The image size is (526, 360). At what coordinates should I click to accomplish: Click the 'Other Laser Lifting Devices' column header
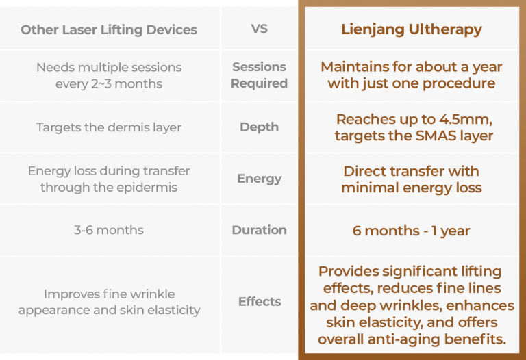click(x=109, y=30)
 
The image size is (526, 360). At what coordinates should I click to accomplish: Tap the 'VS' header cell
click(x=260, y=29)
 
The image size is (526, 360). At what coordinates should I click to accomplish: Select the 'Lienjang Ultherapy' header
click(x=411, y=29)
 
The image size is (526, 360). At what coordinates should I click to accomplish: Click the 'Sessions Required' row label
click(x=259, y=75)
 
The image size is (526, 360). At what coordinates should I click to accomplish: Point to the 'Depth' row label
click(x=259, y=127)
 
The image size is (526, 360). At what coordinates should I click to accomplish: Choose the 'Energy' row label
click(x=259, y=179)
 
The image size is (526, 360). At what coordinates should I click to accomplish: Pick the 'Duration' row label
click(x=259, y=230)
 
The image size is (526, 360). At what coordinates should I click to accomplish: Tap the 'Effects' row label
click(x=260, y=301)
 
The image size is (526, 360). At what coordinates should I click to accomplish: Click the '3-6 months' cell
click(x=109, y=230)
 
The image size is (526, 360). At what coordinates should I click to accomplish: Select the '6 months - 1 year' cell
click(x=411, y=230)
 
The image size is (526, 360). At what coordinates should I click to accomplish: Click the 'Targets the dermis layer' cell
click(x=109, y=127)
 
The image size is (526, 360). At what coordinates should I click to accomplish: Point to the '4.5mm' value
click(x=466, y=119)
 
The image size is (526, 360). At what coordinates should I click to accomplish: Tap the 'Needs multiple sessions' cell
click(x=109, y=75)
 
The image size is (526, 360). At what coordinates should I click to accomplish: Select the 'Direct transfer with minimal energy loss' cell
click(x=411, y=179)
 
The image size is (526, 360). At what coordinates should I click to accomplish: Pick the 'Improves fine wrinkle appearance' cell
click(x=109, y=302)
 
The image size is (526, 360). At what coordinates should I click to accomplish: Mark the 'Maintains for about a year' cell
click(x=411, y=75)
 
